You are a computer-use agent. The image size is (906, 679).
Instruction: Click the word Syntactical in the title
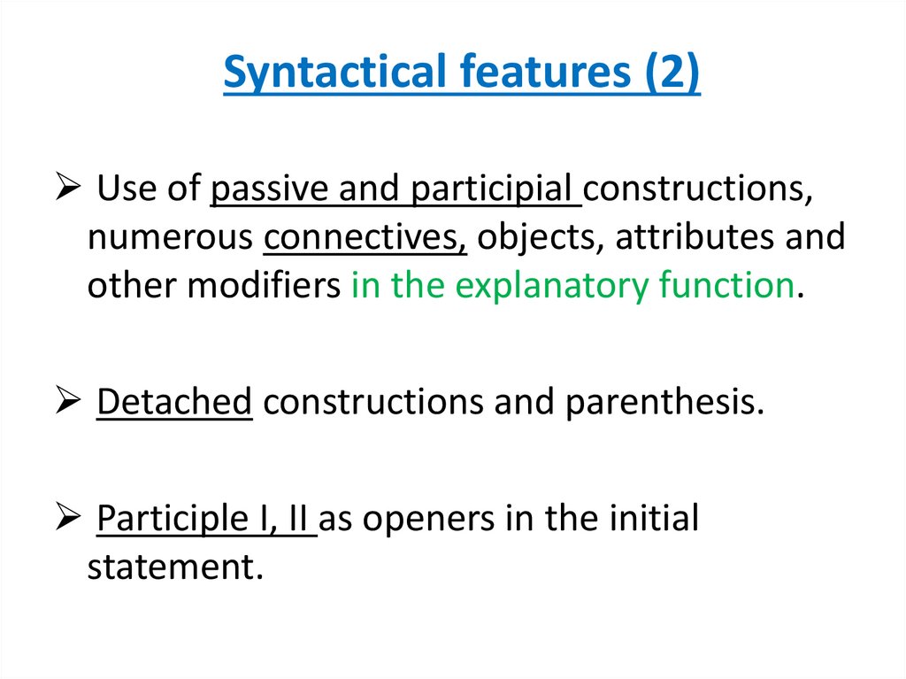331,73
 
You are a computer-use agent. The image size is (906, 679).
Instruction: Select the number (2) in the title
668,73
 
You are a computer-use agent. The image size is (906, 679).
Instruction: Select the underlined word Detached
175,402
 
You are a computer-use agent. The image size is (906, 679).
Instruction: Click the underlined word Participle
165,518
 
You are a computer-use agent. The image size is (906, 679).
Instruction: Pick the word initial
655,518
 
